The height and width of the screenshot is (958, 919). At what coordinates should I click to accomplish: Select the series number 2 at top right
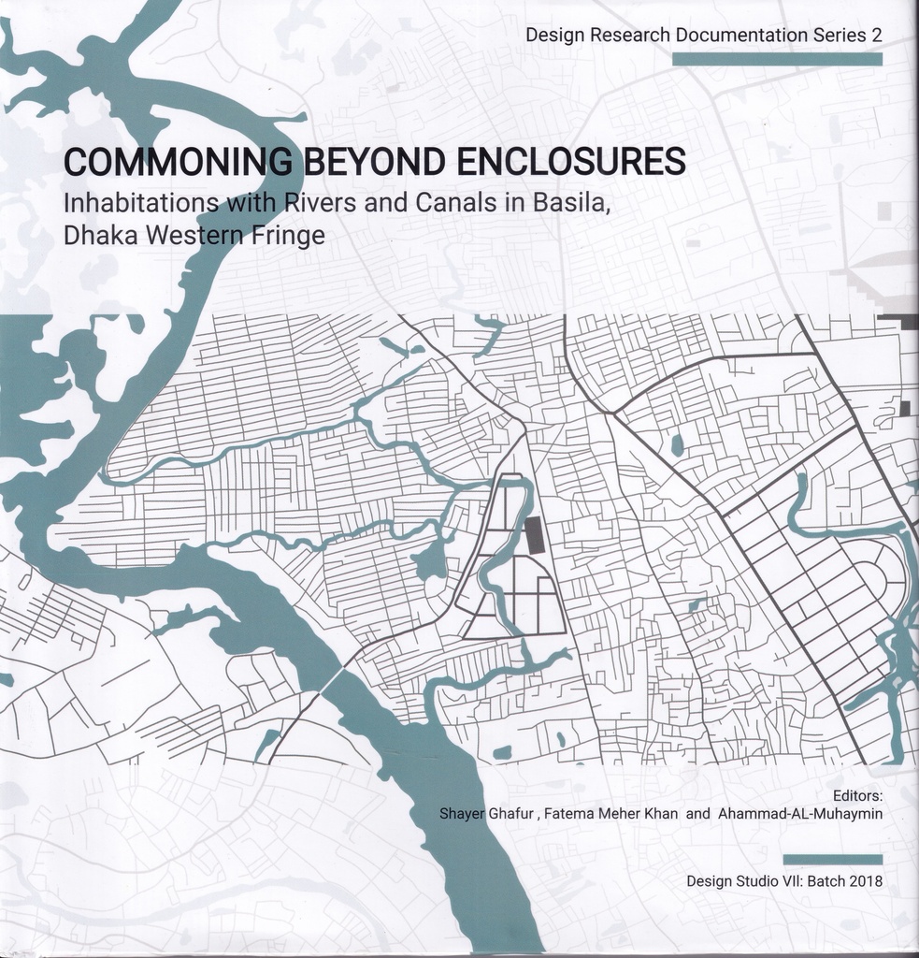click(x=876, y=36)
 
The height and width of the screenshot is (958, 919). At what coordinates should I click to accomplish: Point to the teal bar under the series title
click(x=777, y=59)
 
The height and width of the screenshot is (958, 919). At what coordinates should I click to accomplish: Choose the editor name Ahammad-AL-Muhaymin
click(x=800, y=814)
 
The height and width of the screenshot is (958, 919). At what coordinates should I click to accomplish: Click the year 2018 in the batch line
click(x=865, y=881)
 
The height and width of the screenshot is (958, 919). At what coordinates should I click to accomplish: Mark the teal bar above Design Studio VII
click(x=832, y=859)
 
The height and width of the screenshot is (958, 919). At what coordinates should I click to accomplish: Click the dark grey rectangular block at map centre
click(x=534, y=536)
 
